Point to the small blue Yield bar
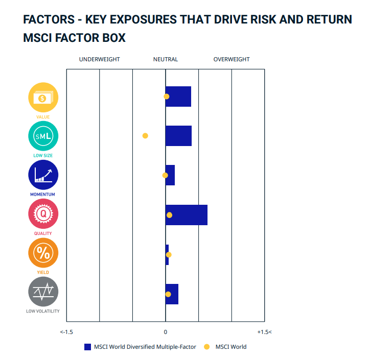(167, 255)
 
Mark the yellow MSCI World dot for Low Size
(145, 136)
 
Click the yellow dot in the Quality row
(169, 215)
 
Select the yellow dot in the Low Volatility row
(168, 294)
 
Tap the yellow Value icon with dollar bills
(43, 98)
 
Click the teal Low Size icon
(43, 136)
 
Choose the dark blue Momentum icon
(43, 175)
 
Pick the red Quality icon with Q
(43, 214)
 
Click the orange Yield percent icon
(43, 253)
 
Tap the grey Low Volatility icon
(43, 292)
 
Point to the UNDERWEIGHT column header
(99, 59)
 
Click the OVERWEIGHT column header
(232, 59)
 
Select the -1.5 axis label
(66, 332)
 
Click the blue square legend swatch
(87, 347)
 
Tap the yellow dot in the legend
(207, 347)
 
